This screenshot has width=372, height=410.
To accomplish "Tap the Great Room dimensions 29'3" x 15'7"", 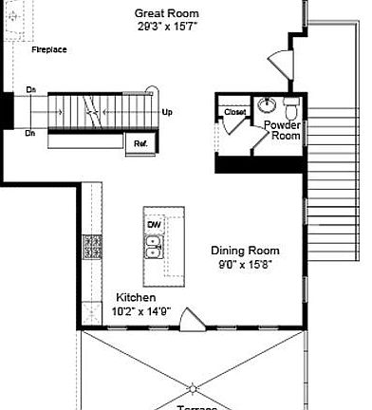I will (x=166, y=27).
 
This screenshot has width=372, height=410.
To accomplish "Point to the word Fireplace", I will (x=48, y=49).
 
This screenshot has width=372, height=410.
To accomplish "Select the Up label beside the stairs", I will (x=168, y=112).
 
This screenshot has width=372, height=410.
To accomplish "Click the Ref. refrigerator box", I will (x=140, y=142).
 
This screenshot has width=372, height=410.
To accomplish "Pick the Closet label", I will (x=234, y=113).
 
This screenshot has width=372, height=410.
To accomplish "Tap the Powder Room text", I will (x=282, y=130).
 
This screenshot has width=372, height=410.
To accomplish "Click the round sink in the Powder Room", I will (x=267, y=103).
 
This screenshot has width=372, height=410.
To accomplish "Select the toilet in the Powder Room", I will (x=291, y=102).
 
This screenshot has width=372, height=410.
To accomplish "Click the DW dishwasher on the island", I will (x=154, y=224).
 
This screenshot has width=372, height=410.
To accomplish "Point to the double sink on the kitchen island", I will (x=154, y=248).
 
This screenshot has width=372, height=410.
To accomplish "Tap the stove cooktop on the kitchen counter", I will (x=92, y=247).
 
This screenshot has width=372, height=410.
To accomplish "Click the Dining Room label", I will (x=245, y=251).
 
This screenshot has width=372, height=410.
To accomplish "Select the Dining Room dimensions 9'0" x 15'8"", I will (x=245, y=265).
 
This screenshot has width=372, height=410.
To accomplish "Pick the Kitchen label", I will (x=137, y=297).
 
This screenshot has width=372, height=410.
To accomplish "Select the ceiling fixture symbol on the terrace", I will (x=193, y=387).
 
